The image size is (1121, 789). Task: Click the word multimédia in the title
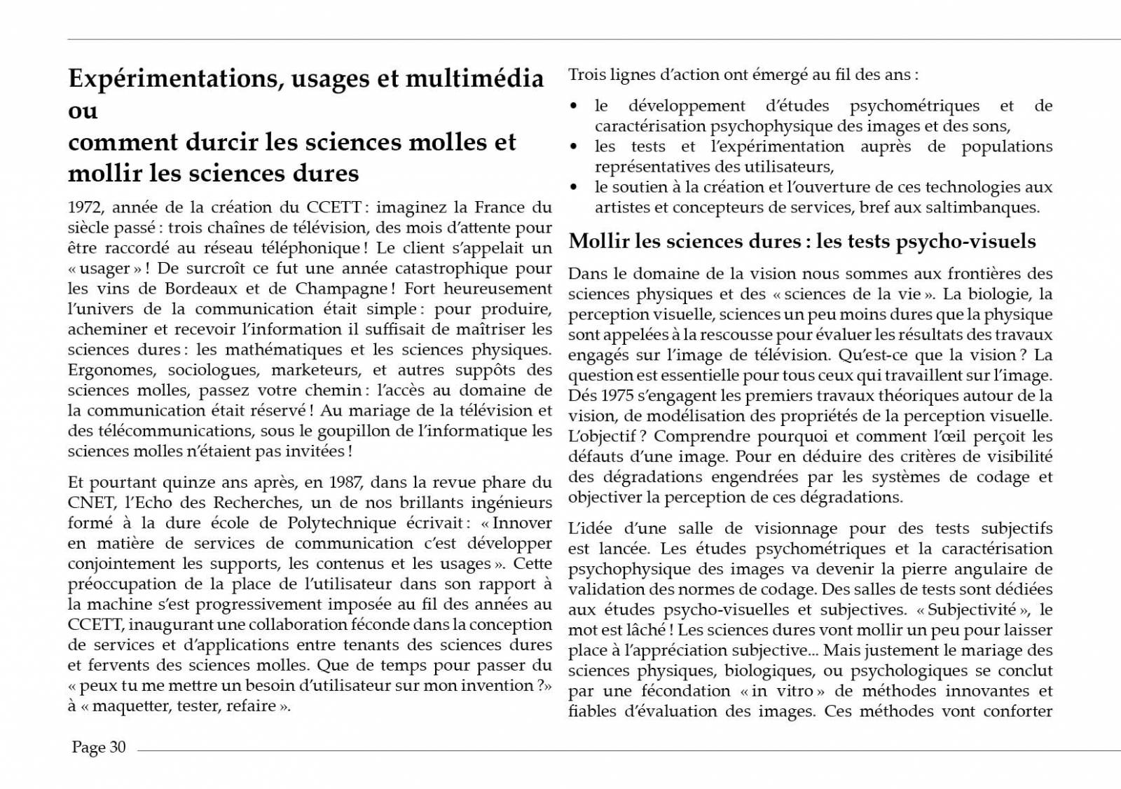click(x=474, y=78)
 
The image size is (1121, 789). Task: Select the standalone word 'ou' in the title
click(x=83, y=111)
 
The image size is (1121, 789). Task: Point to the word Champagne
click(x=338, y=289)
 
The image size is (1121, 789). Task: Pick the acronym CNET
click(x=91, y=502)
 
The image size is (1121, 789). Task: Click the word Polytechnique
click(x=342, y=523)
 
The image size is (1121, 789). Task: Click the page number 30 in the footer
click(x=117, y=747)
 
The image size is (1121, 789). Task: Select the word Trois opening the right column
click(x=587, y=74)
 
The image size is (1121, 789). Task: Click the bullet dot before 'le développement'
click(x=574, y=107)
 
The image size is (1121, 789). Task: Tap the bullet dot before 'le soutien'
click(x=574, y=188)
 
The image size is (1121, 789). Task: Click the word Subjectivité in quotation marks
click(x=972, y=610)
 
